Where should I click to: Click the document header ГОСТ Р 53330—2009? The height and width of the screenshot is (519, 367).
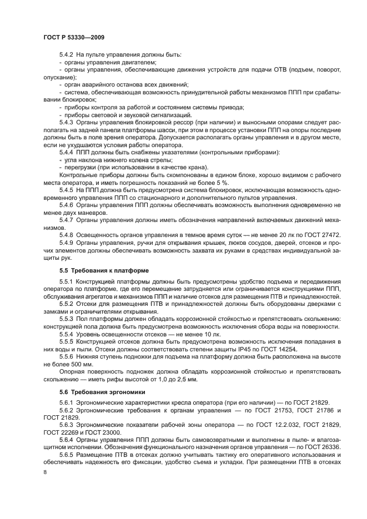[74, 37]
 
